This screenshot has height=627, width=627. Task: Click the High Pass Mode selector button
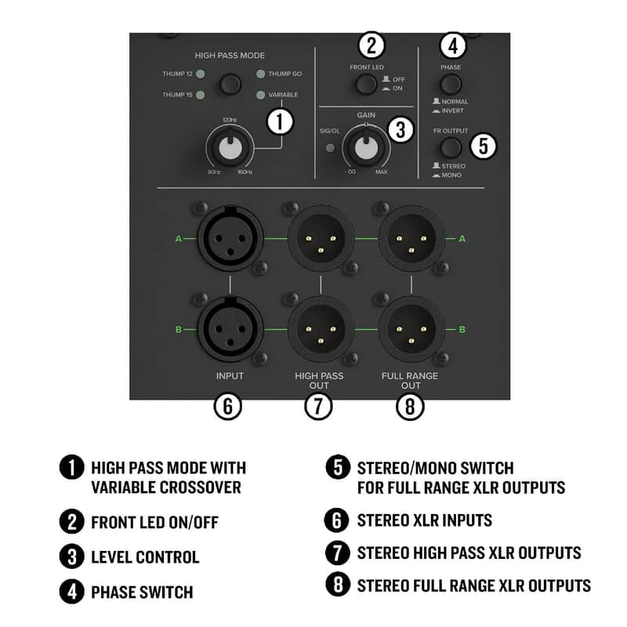click(230, 84)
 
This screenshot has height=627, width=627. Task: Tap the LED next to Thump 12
click(201, 74)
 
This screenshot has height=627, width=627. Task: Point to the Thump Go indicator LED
click(260, 74)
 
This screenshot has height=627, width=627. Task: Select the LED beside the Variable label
click(260, 95)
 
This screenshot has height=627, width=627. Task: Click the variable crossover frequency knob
click(230, 147)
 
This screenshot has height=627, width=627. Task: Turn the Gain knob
click(366, 147)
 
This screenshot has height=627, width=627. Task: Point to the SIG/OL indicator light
click(330, 148)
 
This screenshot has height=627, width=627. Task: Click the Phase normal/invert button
click(451, 84)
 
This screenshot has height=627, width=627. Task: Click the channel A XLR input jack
click(230, 238)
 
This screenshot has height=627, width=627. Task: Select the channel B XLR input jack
click(230, 329)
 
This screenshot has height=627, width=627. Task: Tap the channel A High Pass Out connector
click(321, 238)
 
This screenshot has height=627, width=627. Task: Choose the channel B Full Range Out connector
click(411, 329)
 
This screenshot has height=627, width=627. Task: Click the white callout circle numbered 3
click(400, 129)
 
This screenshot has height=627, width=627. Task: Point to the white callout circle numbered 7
click(318, 406)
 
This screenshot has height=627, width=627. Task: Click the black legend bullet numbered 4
click(71, 592)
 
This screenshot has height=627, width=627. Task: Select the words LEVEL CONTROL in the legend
click(145, 557)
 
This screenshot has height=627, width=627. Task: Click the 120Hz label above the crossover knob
click(230, 120)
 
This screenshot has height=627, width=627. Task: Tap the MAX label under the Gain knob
click(381, 172)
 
